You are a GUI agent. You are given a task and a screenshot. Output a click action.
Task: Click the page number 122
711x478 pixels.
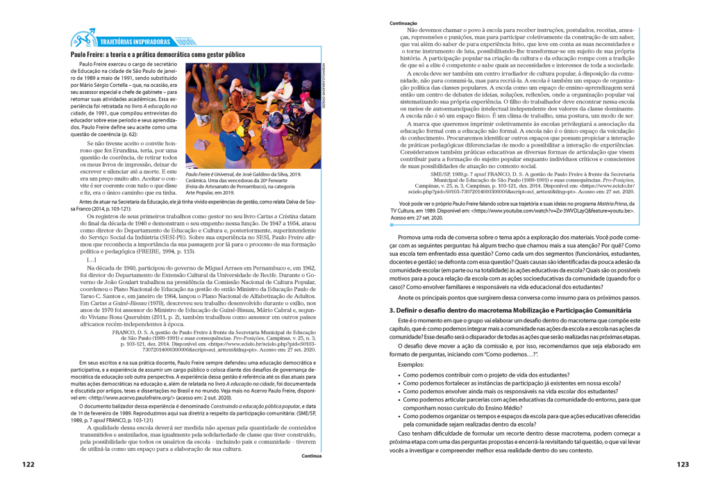pos(28,465)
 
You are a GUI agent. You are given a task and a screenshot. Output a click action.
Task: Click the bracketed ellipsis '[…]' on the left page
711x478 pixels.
pos(92,240)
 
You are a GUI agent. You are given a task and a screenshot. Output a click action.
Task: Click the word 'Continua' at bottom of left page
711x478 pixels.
pos(311,456)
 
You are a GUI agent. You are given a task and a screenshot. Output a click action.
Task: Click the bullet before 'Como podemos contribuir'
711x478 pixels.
pos(398,374)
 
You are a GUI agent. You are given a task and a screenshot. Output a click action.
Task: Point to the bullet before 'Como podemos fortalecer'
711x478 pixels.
pos(398,383)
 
